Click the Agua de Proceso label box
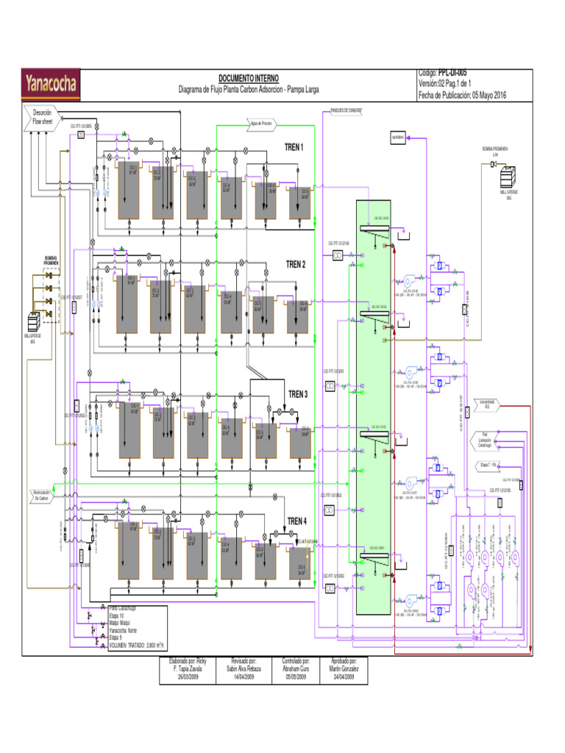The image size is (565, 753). click(263, 124)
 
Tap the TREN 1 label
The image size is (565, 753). click(295, 148)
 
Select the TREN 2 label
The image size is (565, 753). click(296, 264)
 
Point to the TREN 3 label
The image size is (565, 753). click(298, 394)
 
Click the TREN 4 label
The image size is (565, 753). click(297, 520)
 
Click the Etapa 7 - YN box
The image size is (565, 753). click(489, 465)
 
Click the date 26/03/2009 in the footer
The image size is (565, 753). click(188, 677)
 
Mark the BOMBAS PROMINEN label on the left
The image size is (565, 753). click(51, 260)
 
